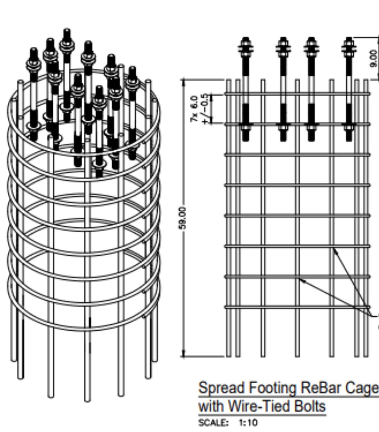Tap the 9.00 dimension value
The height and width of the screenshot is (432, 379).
click(374, 58)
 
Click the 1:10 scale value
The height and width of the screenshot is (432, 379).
click(248, 423)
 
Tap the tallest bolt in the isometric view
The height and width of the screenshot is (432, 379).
click(67, 74)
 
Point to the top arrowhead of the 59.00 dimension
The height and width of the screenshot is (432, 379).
click(183, 82)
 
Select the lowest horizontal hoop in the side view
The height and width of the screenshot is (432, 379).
click(297, 307)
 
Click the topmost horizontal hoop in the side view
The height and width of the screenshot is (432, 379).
click(297, 93)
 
